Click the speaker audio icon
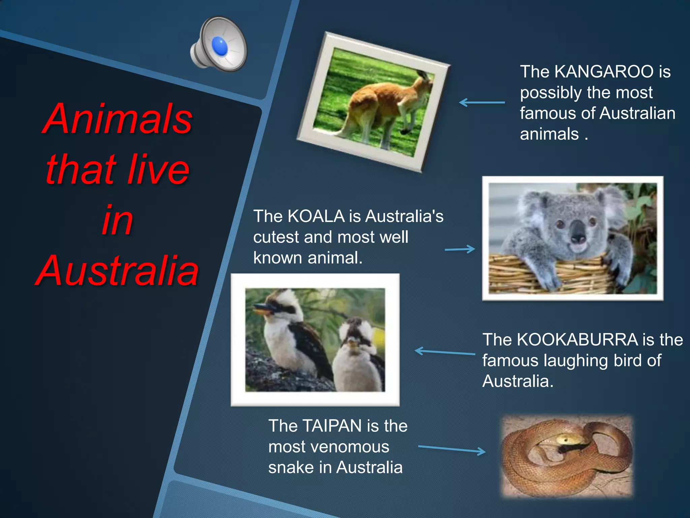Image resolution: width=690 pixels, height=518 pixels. click(x=219, y=45)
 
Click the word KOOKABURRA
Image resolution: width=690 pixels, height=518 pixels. click(x=577, y=340)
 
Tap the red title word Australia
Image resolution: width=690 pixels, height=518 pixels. click(x=117, y=271)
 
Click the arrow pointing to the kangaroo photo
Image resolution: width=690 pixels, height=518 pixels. click(x=482, y=102)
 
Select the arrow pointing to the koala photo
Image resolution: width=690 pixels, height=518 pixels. click(x=460, y=250)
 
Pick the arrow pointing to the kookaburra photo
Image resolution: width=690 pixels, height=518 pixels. click(x=445, y=352)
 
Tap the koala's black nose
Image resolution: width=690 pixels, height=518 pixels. click(x=578, y=234)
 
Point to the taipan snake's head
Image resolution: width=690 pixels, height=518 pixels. click(x=567, y=439)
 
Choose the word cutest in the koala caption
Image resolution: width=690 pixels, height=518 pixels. click(x=276, y=237)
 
